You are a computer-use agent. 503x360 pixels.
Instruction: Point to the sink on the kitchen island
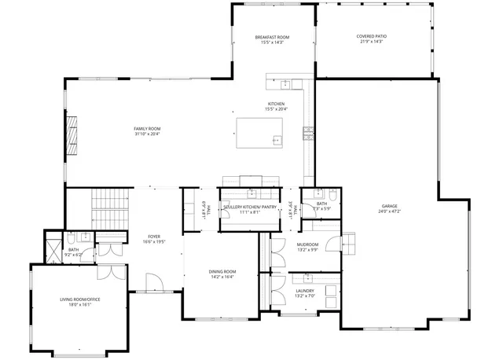point(277,141)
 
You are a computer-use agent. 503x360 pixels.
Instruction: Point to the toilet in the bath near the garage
point(332,193)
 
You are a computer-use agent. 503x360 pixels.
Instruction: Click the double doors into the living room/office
point(109,273)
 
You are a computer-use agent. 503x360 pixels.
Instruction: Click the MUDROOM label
point(307,244)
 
